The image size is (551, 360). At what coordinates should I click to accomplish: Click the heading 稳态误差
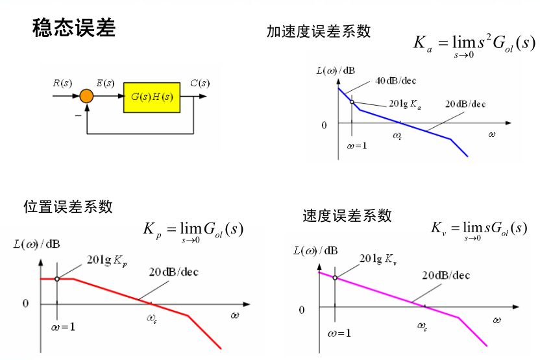click(x=73, y=28)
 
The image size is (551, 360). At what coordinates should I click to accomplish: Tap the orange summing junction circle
click(x=86, y=97)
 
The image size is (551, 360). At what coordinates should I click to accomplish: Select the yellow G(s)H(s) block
click(x=152, y=97)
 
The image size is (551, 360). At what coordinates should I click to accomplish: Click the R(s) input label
click(x=62, y=83)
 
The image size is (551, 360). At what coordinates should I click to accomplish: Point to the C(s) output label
click(x=200, y=83)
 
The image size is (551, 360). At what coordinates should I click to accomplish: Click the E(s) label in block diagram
click(x=105, y=83)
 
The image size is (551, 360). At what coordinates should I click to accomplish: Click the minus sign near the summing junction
click(x=78, y=114)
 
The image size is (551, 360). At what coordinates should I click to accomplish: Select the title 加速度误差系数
click(x=318, y=30)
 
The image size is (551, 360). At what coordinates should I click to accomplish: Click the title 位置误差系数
click(x=68, y=206)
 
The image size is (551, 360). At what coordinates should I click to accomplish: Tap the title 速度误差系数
click(x=347, y=215)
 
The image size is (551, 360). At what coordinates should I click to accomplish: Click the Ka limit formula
click(x=474, y=45)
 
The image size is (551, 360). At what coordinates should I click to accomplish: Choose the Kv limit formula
click(x=478, y=229)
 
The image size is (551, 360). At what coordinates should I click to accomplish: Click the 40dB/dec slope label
click(x=396, y=80)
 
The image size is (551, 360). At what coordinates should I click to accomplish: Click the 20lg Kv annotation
click(x=377, y=259)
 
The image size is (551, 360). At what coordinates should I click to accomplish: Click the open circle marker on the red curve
click(x=57, y=279)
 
